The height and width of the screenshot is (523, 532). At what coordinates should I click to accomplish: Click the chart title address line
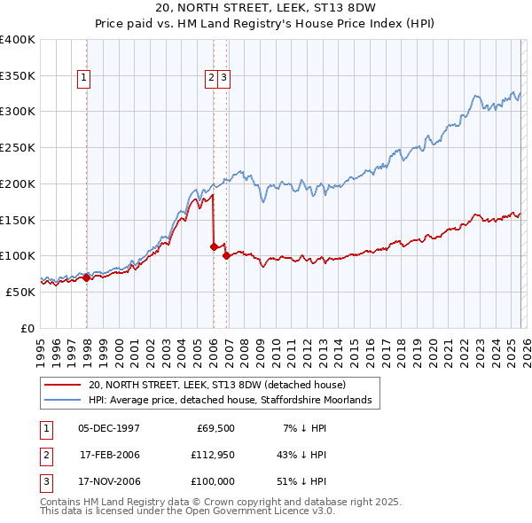pos(265,8)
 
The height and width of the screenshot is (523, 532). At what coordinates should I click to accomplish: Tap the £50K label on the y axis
pos(20,292)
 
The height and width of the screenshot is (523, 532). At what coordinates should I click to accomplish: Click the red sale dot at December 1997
pos(86,277)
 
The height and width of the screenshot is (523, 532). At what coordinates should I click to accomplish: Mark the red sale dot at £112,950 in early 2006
pos(214,246)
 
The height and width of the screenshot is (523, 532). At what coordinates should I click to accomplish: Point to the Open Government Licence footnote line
pos(188,511)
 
